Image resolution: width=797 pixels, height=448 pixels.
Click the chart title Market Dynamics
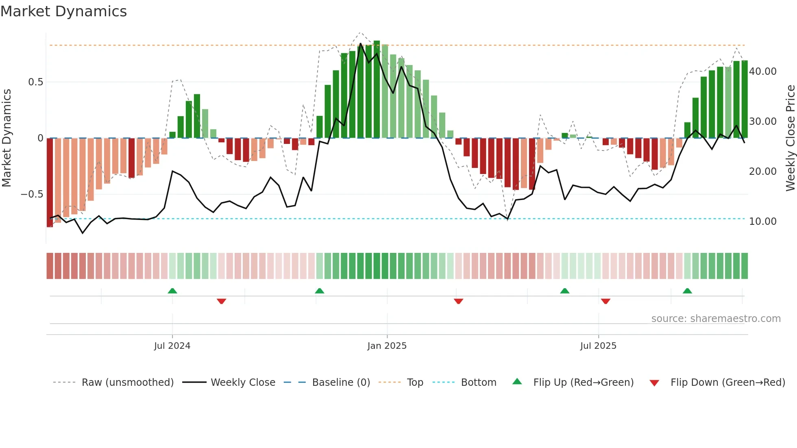[63, 11]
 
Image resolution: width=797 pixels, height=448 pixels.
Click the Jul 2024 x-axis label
[172, 346]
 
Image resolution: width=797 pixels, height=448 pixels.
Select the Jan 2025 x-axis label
[387, 346]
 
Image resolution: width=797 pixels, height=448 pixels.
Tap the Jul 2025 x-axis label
[598, 346]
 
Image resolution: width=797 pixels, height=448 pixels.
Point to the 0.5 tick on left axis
[35, 82]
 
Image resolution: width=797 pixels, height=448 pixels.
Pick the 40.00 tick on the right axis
[763, 72]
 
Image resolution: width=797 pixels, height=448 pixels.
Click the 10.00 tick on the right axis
[763, 222]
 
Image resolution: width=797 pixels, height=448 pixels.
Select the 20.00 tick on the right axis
[763, 172]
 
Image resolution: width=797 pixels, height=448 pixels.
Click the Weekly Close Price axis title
[790, 138]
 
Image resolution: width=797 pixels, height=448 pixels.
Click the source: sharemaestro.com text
[716, 319]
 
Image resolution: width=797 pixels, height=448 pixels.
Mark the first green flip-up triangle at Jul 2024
[172, 291]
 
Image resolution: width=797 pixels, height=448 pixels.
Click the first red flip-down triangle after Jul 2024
[221, 301]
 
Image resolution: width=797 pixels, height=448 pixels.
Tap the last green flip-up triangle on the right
[687, 291]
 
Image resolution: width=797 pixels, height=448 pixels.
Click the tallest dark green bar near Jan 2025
[377, 89]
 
